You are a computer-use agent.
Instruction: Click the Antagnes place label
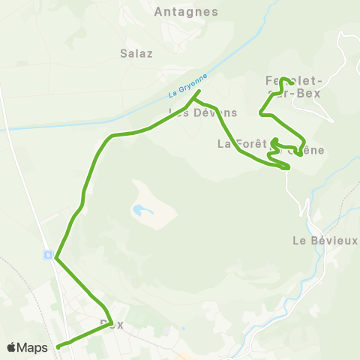point(185,12)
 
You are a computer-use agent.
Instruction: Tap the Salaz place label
point(136,53)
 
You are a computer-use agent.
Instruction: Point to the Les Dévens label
point(202,112)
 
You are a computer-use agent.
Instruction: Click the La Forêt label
point(237,143)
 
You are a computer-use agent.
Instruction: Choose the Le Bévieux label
point(325,241)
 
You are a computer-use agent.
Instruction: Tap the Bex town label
point(111,325)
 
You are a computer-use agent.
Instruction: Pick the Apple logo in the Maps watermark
point(12,347)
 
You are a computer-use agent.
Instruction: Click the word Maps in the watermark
point(33,347)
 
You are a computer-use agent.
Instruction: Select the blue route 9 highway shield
point(47,255)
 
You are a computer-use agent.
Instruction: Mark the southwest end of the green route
point(58,346)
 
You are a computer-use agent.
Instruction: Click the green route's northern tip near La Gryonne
point(199,92)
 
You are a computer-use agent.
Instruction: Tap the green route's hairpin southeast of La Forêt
point(286,167)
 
